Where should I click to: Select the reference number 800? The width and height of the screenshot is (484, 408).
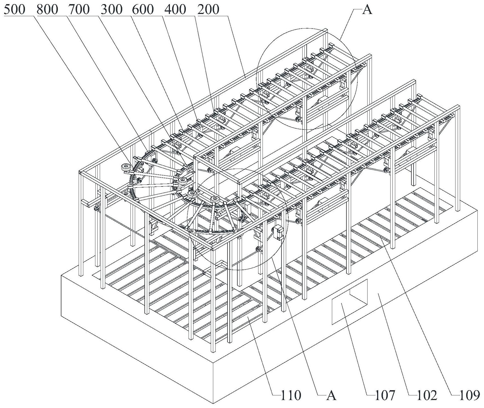47,10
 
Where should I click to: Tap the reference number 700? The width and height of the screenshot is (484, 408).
79,10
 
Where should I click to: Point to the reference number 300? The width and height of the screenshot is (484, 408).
111,10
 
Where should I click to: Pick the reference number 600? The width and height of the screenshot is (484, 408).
143,10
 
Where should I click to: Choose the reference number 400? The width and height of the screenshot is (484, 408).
175,10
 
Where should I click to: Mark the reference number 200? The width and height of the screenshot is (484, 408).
208,10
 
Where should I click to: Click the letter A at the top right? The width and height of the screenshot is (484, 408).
367,10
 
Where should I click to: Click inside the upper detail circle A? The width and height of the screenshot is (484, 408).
307,80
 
